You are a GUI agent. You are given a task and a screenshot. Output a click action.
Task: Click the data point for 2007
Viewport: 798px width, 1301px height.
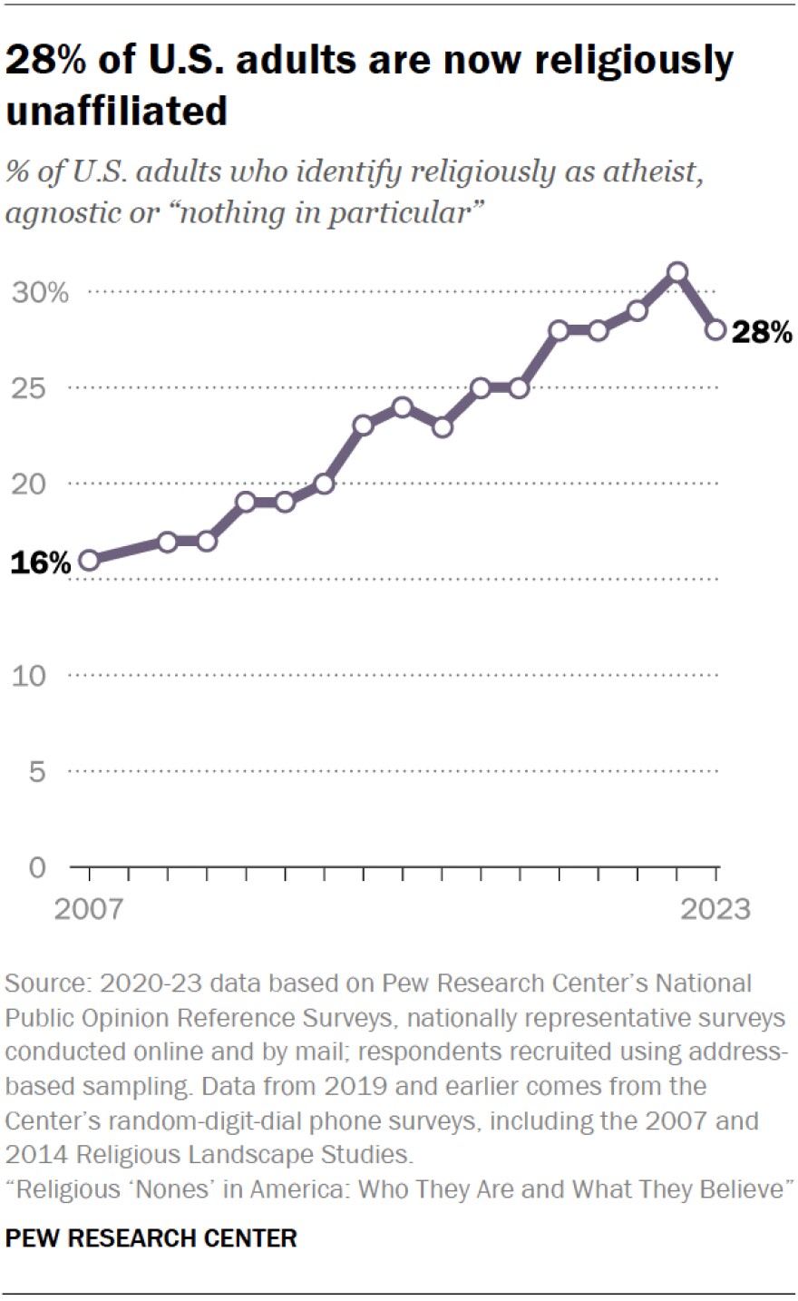point(89,561)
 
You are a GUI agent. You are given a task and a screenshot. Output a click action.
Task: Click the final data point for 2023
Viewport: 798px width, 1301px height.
point(715,330)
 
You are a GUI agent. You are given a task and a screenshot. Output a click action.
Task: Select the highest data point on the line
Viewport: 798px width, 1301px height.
point(676,272)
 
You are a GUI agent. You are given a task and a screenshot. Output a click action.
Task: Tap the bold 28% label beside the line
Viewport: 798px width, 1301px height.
point(762,333)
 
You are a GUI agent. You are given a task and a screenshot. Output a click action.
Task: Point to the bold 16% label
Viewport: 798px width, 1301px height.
point(40,563)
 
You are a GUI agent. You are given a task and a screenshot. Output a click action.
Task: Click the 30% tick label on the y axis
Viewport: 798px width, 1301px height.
point(40,293)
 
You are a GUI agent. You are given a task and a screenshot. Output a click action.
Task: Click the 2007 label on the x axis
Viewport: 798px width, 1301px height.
point(88,909)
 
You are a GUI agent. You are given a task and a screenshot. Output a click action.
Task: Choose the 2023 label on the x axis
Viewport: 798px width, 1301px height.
point(715,909)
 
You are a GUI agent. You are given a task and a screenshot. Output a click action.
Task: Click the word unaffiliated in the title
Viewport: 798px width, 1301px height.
point(116,110)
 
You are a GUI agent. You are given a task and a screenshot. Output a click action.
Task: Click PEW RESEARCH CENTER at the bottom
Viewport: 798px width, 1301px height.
point(151,1237)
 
